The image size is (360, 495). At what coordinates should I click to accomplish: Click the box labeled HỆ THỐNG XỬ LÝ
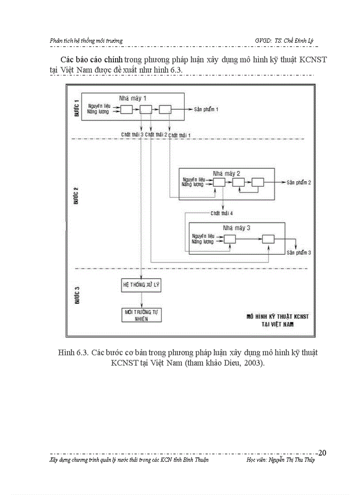point(141,285)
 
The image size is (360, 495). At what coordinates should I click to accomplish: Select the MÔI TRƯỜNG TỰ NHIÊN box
point(141,315)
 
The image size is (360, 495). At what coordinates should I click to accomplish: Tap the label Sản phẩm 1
point(206,109)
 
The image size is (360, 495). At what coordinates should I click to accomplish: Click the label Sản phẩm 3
point(299,253)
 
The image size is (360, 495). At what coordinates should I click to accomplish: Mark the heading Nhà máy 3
point(237,228)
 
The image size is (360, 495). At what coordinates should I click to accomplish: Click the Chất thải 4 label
point(222,213)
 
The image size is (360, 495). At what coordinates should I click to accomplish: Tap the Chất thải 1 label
point(180,134)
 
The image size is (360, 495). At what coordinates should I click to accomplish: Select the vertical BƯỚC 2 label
point(76,195)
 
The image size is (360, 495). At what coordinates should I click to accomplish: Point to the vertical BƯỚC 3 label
point(76,294)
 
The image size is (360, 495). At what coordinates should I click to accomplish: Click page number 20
point(322,453)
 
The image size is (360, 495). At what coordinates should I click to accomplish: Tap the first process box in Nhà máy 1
point(127,110)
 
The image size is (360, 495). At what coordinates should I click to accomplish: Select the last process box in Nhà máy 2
point(258,182)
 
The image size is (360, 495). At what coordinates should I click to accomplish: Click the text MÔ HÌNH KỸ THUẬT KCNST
point(277,316)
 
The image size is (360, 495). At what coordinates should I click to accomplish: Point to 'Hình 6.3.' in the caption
point(72,353)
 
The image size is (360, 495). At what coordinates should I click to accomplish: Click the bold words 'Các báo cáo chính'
point(91,60)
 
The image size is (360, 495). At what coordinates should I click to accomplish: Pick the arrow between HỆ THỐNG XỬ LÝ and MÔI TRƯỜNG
point(141,300)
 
